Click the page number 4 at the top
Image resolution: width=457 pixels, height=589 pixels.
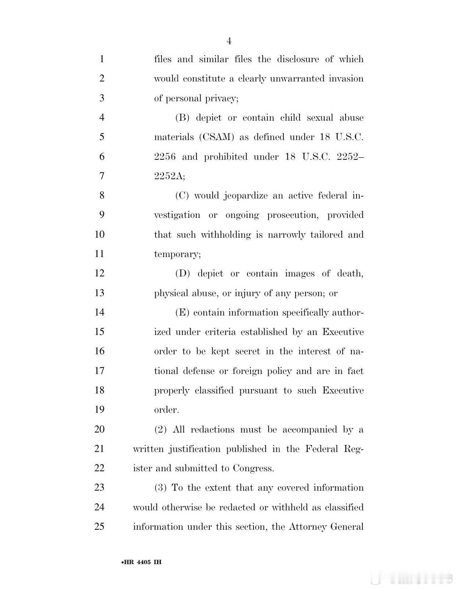tap(229, 41)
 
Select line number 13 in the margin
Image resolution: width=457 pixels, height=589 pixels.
tap(99, 293)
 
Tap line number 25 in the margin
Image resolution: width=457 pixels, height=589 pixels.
tap(99, 526)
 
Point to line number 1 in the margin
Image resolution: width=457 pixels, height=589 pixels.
tap(102, 59)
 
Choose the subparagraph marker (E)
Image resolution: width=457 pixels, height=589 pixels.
tap(182, 313)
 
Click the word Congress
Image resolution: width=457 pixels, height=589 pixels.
tap(254, 468)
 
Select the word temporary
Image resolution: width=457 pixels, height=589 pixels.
tap(177, 254)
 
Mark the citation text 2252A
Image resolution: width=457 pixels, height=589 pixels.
tap(169, 176)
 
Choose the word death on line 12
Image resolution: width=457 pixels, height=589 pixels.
tap(350, 274)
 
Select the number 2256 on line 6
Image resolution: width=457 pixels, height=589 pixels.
tap(165, 156)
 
